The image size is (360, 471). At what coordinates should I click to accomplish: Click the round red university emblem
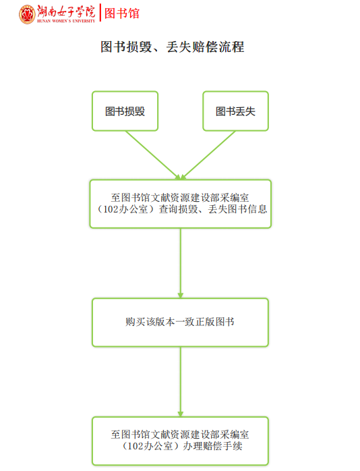point(27,14)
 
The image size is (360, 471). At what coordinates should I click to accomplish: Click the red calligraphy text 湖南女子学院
point(66,11)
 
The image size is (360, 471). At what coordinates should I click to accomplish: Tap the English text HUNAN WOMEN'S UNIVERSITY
point(66,21)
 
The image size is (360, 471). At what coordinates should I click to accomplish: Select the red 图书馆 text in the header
point(122,13)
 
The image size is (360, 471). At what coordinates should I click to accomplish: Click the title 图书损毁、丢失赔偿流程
point(172,47)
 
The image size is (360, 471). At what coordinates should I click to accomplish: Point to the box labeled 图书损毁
point(125,111)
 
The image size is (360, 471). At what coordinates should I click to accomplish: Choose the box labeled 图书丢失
point(235,111)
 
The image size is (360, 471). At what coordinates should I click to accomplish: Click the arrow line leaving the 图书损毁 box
point(153,155)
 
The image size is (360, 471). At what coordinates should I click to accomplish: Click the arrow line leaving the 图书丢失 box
point(208,155)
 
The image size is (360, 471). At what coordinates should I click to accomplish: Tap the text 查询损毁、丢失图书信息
point(213,209)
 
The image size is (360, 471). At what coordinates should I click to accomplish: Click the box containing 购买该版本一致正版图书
point(180,323)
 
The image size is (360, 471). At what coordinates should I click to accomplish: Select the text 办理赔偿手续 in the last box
point(213,446)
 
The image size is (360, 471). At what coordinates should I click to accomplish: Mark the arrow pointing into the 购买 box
point(181,263)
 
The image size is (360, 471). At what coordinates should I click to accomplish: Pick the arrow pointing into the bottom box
point(181,382)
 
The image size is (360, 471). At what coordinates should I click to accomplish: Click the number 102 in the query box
point(111,209)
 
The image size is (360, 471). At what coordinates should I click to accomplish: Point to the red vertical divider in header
point(100,13)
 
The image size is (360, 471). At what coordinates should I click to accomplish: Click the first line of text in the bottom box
point(180,435)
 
